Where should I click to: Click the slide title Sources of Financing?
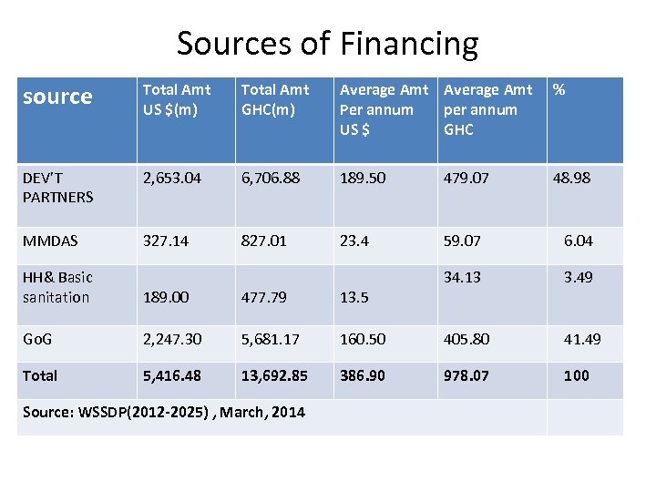click(327, 43)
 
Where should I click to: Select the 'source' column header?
click(57, 97)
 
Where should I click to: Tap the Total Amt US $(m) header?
click(177, 99)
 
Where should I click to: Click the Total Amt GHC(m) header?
click(275, 99)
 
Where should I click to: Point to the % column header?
click(559, 89)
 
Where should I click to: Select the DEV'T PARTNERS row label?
click(58, 187)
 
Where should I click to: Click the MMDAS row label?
click(50, 241)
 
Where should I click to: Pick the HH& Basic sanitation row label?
click(57, 287)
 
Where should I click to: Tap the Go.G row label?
click(37, 339)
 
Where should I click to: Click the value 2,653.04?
click(173, 178)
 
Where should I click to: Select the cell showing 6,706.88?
click(271, 178)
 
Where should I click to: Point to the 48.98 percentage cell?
click(571, 178)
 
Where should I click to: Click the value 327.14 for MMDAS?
click(166, 241)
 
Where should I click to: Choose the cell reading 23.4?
click(354, 241)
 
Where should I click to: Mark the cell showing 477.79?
click(263, 297)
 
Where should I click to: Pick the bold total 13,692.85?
click(274, 375)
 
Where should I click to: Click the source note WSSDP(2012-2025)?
click(164, 413)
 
